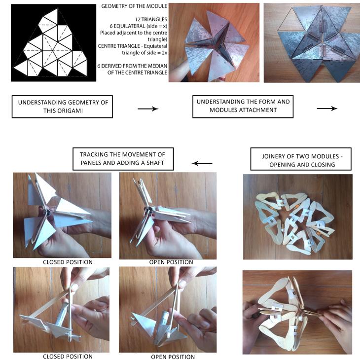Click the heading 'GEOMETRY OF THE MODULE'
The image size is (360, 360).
tap(134, 6)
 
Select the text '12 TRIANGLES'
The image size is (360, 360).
tap(151, 20)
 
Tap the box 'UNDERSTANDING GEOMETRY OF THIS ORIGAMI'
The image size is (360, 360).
tap(62, 107)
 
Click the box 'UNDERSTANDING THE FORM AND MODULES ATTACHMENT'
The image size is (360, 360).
tap(243, 107)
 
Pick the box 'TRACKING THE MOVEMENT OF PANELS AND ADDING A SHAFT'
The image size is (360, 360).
tap(123, 159)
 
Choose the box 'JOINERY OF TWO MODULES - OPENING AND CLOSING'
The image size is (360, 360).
tap(301, 159)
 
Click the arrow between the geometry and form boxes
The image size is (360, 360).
tap(148, 108)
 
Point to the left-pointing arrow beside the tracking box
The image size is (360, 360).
tap(202, 163)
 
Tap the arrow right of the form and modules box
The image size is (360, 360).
tap(327, 108)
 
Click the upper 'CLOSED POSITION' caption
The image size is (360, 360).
tap(68, 262)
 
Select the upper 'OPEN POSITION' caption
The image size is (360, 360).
tap(171, 262)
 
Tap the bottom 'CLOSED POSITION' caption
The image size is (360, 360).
tap(68, 357)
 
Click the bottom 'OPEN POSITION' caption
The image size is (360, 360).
tap(173, 357)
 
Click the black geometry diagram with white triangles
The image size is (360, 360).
tap(53, 43)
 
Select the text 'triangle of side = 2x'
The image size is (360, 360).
tap(144, 53)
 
